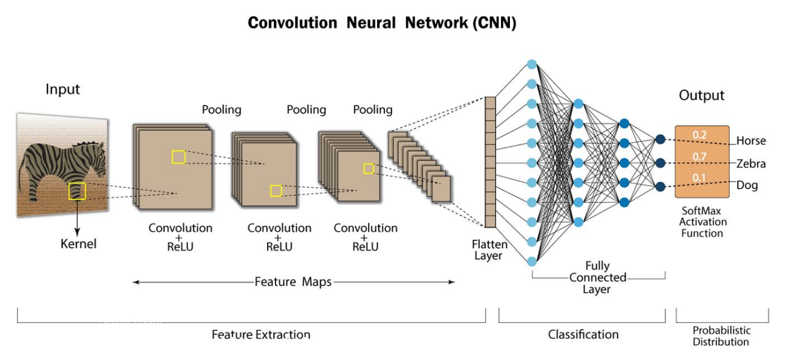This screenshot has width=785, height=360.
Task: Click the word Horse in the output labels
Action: [x=751, y=141]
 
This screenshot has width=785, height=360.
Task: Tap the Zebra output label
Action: [x=751, y=164]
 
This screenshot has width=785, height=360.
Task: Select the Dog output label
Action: [x=747, y=185]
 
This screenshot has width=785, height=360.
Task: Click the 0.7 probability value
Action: [x=699, y=157]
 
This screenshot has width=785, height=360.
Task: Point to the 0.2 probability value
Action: [x=699, y=135]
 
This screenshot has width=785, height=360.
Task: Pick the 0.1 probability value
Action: [x=699, y=178]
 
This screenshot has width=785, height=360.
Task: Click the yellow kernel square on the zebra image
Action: [x=77, y=191]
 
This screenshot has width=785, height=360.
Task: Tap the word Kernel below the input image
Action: [x=78, y=243]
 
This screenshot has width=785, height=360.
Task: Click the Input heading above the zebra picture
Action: [x=63, y=89]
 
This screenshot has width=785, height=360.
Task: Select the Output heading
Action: [x=702, y=95]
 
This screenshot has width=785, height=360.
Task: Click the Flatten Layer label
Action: [x=489, y=250]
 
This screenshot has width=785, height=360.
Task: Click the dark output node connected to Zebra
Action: [x=661, y=163]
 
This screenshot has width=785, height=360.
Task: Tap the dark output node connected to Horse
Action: [x=661, y=140]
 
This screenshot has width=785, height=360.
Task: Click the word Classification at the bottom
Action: [x=583, y=335]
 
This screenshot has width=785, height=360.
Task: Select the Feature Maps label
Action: [x=293, y=282]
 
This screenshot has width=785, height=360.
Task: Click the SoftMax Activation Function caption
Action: [x=702, y=222]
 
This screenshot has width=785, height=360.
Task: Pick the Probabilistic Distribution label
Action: [x=721, y=336]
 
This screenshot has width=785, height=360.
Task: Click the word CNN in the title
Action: [x=494, y=23]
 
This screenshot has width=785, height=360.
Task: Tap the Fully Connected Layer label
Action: [x=597, y=277]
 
